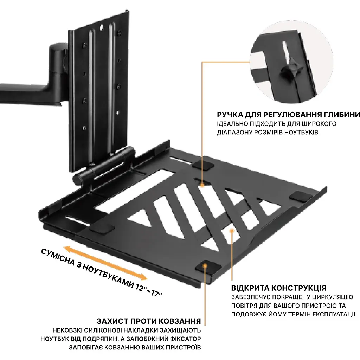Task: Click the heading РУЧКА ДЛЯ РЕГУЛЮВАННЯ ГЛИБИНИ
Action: pyautogui.click(x=288, y=114)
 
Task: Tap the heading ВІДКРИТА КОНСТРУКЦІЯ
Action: pyautogui.click(x=279, y=288)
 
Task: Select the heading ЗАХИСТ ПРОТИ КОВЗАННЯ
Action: pyautogui.click(x=149, y=321)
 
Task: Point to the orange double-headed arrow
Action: pyautogui.click(x=105, y=263)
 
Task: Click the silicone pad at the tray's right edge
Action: pyautogui.click(x=301, y=197)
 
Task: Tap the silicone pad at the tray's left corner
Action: pyautogui.click(x=102, y=228)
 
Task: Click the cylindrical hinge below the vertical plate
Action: pyautogui.click(x=103, y=165)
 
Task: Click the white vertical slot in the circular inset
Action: pyautogui.click(x=286, y=53)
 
